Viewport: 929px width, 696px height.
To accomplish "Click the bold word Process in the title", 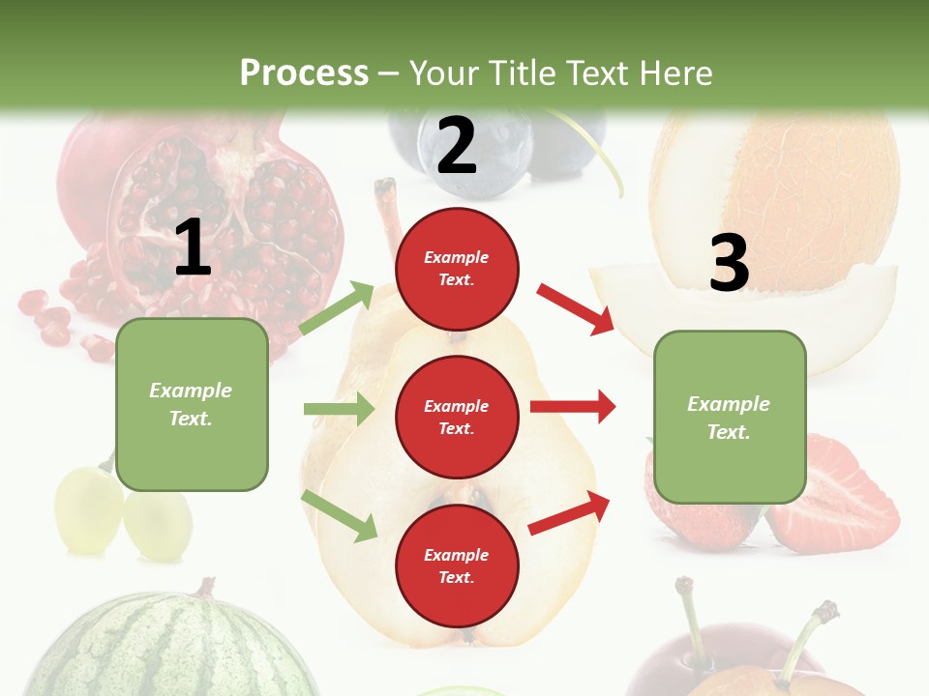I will click(304, 73).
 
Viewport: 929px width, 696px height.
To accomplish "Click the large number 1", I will click(193, 247).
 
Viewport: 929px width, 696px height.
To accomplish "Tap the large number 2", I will click(457, 146).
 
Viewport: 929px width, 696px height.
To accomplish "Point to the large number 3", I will click(729, 263).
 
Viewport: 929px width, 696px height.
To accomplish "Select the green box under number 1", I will click(192, 404).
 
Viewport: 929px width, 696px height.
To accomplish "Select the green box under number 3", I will click(729, 417).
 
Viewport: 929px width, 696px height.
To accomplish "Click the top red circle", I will click(457, 269).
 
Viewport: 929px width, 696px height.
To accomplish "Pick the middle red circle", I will click(457, 417).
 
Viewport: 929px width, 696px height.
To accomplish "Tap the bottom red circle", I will click(457, 565).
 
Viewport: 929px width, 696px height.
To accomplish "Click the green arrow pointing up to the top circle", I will click(337, 308).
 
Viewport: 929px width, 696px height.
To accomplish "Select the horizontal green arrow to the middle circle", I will click(339, 409).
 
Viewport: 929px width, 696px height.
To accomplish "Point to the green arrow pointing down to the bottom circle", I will click(340, 516).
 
